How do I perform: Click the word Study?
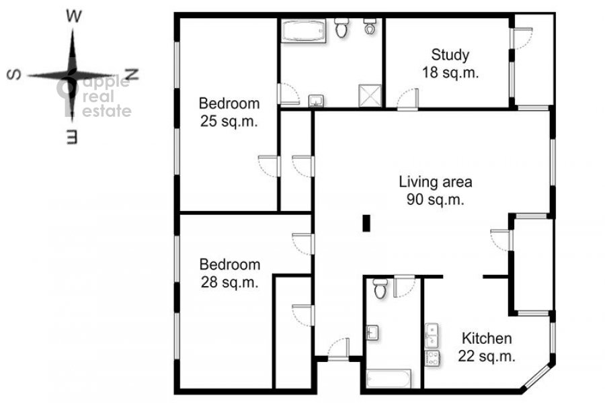(450, 55)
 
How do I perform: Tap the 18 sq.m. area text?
(450, 73)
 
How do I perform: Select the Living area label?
(435, 181)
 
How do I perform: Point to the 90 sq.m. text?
(435, 199)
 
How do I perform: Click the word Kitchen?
(487, 339)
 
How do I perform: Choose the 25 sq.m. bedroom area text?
(229, 121)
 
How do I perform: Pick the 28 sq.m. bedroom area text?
(229, 282)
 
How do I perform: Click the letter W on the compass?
(74, 16)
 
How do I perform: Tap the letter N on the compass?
(132, 74)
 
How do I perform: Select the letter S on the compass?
(14, 75)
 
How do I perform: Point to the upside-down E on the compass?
(72, 137)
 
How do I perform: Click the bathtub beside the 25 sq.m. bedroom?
(303, 31)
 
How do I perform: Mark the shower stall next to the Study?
(370, 95)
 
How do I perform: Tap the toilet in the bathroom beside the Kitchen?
(380, 288)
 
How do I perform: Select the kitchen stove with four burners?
(432, 358)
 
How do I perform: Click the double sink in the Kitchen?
(432, 336)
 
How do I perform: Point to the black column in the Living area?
(366, 223)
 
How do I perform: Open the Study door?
(408, 99)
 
